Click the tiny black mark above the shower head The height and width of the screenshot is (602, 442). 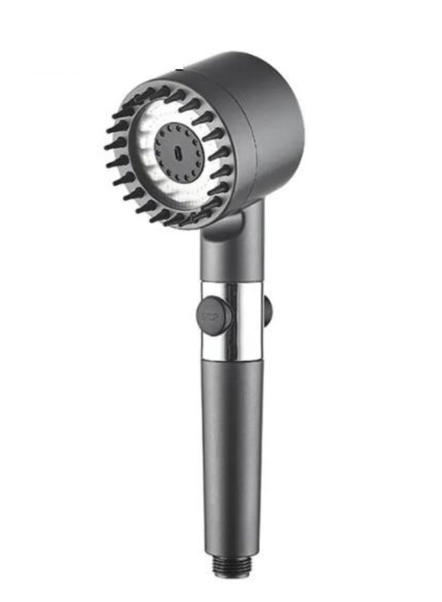click(179, 70)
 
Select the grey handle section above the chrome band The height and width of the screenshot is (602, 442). click(232, 264)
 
